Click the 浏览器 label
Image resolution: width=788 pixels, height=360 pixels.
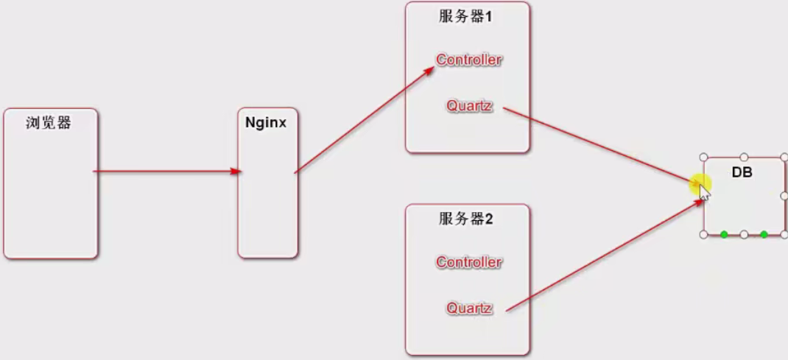49,124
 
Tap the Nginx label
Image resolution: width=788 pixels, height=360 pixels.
266,123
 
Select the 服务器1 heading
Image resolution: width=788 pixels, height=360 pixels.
465,16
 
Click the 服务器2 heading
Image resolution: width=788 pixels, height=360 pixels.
465,219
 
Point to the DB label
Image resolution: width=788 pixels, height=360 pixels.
742,172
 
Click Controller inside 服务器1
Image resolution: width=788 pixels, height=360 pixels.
468,60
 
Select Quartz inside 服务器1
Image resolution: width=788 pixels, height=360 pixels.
468,105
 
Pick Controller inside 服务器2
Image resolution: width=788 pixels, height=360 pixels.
468,262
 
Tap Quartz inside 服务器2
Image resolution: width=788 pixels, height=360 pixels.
468,308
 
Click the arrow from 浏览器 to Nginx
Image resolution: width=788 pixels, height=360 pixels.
167,172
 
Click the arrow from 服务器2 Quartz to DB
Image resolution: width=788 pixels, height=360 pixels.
604,255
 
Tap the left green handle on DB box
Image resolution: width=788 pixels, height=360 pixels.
724,234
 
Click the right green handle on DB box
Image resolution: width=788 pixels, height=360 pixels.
764,234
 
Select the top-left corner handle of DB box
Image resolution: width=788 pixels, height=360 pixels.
703,158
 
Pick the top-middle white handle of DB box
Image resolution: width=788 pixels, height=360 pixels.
744,158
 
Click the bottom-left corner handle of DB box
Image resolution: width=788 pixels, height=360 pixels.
703,234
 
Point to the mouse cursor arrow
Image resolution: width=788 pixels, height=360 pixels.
703,194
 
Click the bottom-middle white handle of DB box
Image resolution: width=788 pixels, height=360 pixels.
744,234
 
